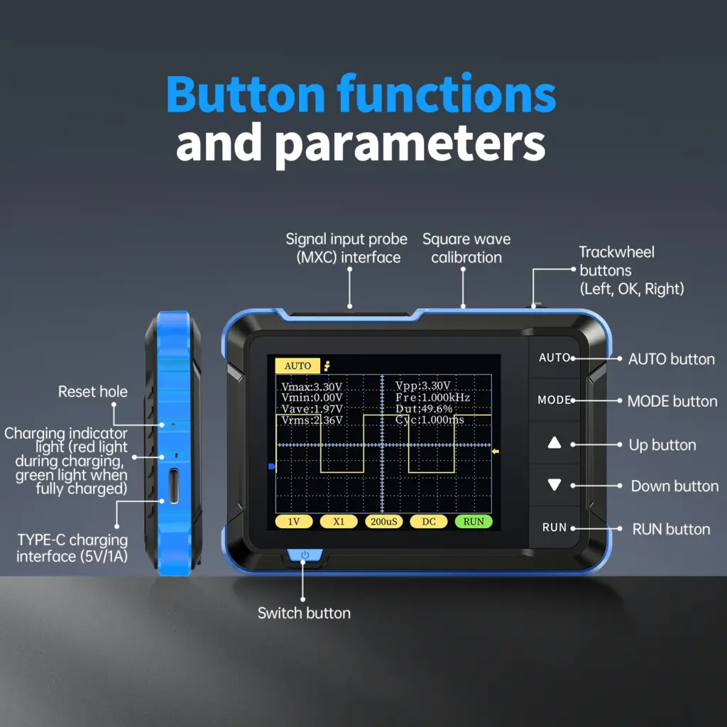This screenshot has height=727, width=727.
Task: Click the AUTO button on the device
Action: point(554,357)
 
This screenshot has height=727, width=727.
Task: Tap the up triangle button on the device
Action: point(554,443)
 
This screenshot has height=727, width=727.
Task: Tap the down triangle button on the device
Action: point(554,485)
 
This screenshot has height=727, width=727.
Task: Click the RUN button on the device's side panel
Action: point(554,528)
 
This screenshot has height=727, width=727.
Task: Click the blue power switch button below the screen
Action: point(304,554)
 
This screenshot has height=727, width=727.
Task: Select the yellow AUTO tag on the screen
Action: point(297,366)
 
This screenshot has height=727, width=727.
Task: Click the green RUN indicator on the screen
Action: point(474,521)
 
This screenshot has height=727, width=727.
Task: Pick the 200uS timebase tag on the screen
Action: point(385,521)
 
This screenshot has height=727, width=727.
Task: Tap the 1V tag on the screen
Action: point(294,521)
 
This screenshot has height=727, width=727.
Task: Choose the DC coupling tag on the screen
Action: point(429,521)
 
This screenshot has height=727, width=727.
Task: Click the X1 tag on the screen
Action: point(339,521)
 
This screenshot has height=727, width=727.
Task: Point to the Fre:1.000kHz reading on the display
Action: point(432,398)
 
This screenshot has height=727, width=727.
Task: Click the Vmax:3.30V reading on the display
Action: point(311,387)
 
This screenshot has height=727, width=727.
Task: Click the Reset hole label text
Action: point(92,391)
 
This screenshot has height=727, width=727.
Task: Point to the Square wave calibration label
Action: point(466,248)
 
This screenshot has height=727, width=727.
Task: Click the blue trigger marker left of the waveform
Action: point(270,466)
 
